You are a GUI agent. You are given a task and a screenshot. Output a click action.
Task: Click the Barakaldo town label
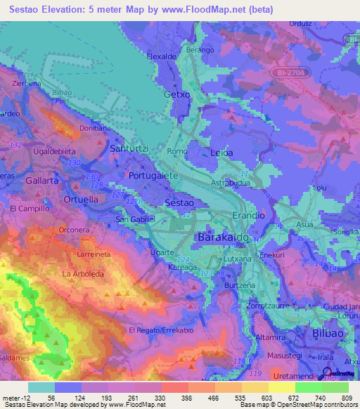click(224, 239)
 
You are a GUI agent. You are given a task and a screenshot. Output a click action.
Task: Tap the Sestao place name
click(179, 202)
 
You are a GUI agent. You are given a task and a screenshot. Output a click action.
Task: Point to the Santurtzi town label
click(130, 149)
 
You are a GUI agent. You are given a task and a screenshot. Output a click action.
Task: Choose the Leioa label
click(221, 152)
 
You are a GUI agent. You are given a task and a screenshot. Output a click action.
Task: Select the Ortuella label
click(81, 199)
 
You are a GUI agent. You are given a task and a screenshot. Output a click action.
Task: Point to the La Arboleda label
click(83, 273)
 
